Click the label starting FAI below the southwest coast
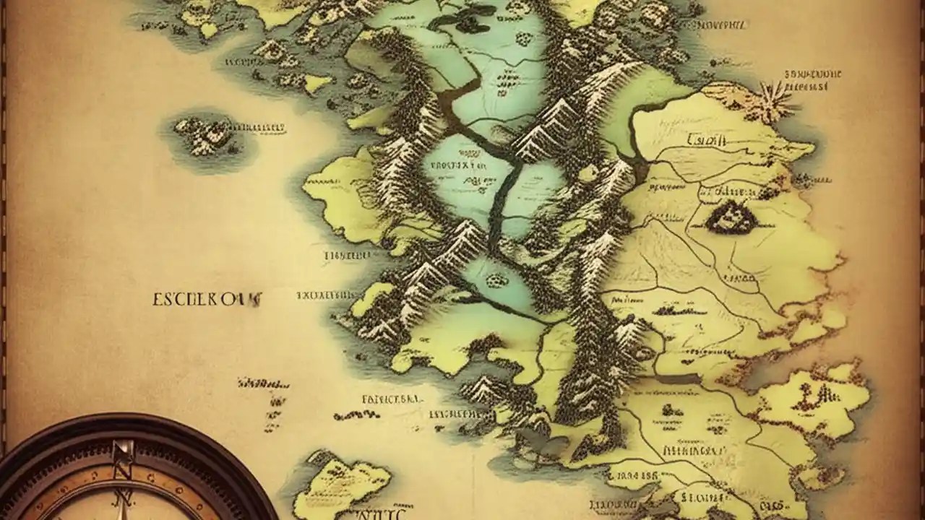[x=391, y=398]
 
